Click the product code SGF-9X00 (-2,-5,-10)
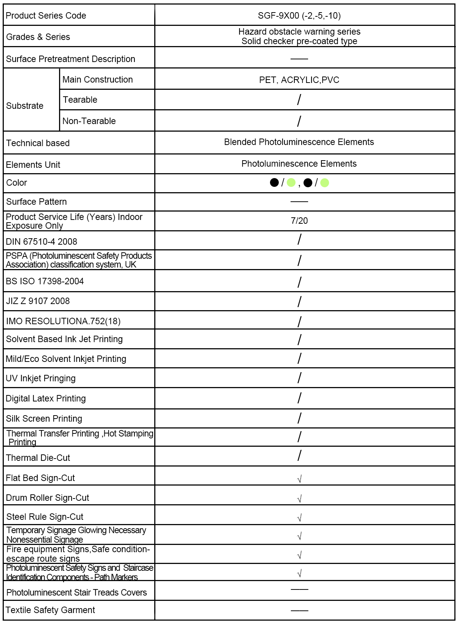coord(299,16)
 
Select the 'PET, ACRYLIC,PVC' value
coord(299,80)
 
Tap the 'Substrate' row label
coord(25,106)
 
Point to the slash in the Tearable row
coord(299,100)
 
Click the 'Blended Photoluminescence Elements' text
coord(299,142)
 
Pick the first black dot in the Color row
coord(274,183)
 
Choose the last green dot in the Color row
coord(324,183)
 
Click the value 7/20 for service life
coord(299,221)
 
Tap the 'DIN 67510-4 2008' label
coord(42,242)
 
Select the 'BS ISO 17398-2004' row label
coord(45,281)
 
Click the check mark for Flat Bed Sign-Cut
coord(299,479)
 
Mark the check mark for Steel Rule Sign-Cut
coord(299,518)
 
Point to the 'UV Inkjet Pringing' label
coord(41,378)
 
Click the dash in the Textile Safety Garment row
coord(299,610)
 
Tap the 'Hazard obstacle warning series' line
coord(299,32)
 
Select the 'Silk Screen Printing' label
coord(44,419)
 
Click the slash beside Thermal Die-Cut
coord(299,456)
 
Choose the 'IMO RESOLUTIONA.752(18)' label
coord(63,321)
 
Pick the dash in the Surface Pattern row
coord(299,201)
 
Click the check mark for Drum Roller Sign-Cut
coord(299,499)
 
